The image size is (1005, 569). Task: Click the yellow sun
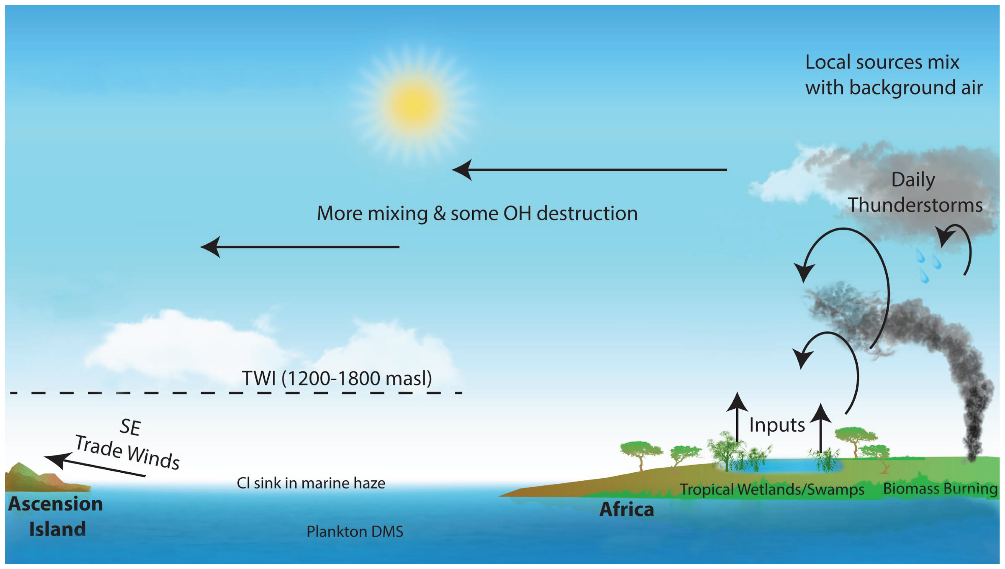pyautogui.click(x=414, y=105)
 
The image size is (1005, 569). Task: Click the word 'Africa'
pyautogui.click(x=626, y=509)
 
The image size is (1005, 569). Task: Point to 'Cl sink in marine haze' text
pyautogui.click(x=311, y=483)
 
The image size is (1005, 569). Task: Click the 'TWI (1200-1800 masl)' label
pyautogui.click(x=337, y=378)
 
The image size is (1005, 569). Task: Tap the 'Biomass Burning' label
pyautogui.click(x=940, y=488)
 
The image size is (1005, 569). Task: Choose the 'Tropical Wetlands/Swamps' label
pyautogui.click(x=772, y=489)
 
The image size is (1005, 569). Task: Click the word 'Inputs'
pyautogui.click(x=777, y=425)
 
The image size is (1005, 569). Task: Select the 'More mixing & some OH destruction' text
pyautogui.click(x=477, y=213)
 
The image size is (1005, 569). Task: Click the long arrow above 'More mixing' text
pyautogui.click(x=589, y=169)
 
